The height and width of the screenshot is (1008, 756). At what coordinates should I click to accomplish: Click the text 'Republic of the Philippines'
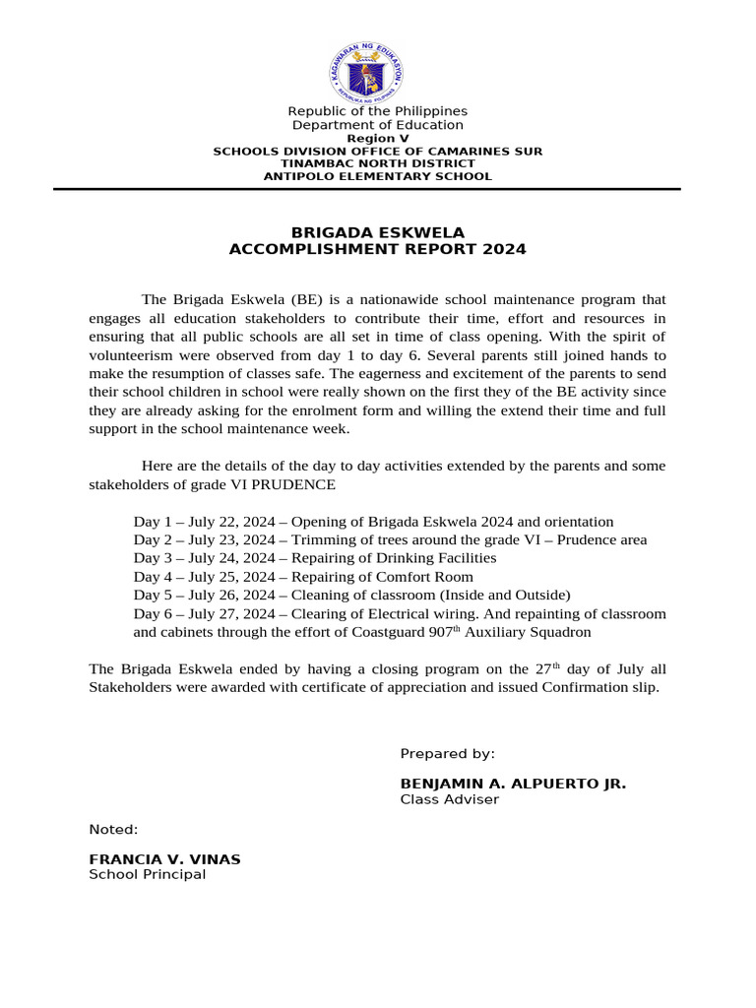pyautogui.click(x=377, y=111)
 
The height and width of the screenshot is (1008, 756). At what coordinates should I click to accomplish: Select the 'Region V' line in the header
pyautogui.click(x=377, y=139)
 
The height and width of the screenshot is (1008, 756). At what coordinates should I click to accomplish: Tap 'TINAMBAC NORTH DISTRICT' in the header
pyautogui.click(x=377, y=163)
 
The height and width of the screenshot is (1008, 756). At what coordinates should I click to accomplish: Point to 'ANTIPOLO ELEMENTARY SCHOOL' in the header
pyautogui.click(x=377, y=176)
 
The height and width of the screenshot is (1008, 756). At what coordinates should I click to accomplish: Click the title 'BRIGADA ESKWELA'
pyautogui.click(x=377, y=232)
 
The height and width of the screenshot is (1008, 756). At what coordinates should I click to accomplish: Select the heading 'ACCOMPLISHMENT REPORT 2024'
pyautogui.click(x=377, y=249)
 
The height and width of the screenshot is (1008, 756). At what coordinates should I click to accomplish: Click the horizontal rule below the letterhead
pyautogui.click(x=377, y=189)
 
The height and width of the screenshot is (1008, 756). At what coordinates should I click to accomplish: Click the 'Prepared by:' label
pyautogui.click(x=447, y=754)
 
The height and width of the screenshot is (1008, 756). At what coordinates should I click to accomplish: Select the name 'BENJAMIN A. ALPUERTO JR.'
pyautogui.click(x=513, y=784)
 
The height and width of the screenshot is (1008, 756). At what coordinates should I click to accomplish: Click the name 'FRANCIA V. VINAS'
pyautogui.click(x=164, y=859)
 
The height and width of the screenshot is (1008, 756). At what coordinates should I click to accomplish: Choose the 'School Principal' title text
pyautogui.click(x=148, y=874)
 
